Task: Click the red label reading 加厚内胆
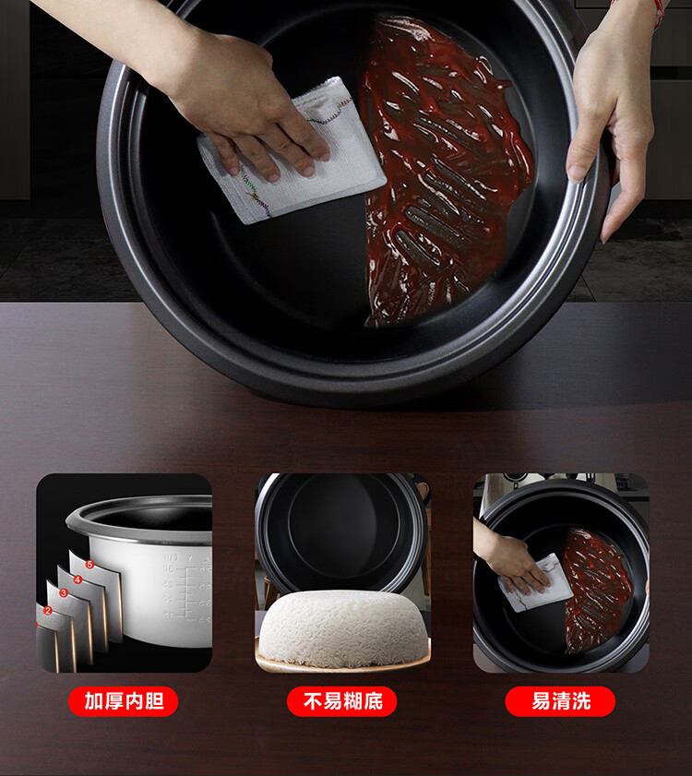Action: point(124,701)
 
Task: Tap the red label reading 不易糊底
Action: point(342,701)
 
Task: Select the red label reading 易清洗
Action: point(560,701)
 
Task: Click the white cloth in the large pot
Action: point(292,153)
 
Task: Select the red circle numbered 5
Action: point(89,564)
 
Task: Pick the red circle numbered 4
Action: point(78,579)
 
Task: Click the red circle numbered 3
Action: point(64,593)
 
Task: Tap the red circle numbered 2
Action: point(48,610)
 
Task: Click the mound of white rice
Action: point(343,627)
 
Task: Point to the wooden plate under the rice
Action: point(342,663)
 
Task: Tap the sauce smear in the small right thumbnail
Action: point(598,589)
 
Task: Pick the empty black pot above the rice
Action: point(340,532)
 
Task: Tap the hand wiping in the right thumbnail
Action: point(510,559)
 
